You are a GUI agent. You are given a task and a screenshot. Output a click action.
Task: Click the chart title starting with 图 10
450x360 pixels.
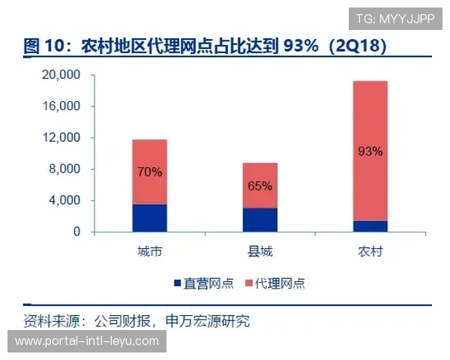point(205,46)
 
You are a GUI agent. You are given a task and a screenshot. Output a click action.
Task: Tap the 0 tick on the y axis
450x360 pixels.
point(76,232)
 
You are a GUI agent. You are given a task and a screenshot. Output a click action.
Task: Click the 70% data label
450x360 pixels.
point(149,172)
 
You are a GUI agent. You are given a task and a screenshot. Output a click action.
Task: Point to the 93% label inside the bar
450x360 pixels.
point(370,151)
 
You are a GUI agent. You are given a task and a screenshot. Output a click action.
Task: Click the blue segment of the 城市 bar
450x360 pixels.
point(149,217)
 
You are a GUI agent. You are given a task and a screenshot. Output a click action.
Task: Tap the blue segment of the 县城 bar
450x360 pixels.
point(259,220)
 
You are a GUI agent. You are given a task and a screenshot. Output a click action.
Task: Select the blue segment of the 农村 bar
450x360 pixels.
point(370,226)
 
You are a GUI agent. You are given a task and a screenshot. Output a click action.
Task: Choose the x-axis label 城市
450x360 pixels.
point(149,250)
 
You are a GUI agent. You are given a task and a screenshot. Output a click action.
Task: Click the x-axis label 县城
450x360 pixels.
point(259,250)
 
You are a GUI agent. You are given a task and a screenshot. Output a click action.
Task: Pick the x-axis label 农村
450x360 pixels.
point(370,250)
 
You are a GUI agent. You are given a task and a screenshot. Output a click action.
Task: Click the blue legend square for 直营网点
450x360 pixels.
point(178,283)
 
